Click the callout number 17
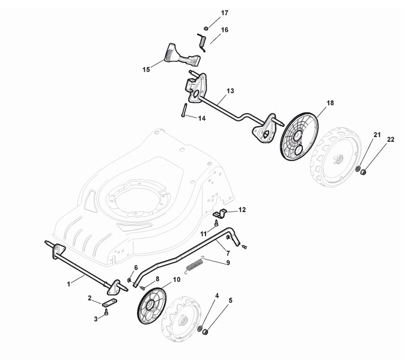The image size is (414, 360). (x=208, y=13)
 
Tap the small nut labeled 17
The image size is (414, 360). (x=205, y=28)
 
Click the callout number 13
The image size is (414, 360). (x=230, y=91)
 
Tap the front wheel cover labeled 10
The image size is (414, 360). (x=150, y=306)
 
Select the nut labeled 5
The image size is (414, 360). (x=204, y=332)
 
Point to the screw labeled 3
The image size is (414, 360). (x=106, y=312)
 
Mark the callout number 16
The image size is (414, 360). (x=225, y=29)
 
